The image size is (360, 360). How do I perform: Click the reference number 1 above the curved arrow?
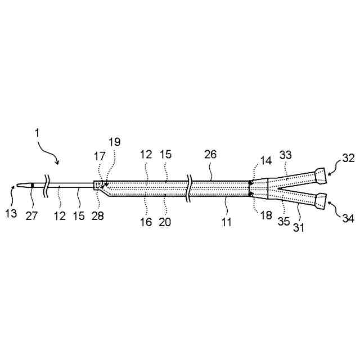click(37, 133)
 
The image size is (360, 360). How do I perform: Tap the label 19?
click(114, 143)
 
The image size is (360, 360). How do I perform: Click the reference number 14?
click(265, 161)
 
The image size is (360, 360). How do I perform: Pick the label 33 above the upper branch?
click(286, 154)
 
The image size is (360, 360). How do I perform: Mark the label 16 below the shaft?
click(146, 222)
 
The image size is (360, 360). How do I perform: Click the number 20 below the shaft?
click(165, 222)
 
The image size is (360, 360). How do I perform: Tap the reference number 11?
click(226, 222)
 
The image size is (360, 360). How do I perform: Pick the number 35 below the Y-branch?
click(284, 222)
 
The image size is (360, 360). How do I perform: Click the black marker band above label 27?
click(33, 185)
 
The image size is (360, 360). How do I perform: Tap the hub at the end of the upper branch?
click(319, 175)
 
